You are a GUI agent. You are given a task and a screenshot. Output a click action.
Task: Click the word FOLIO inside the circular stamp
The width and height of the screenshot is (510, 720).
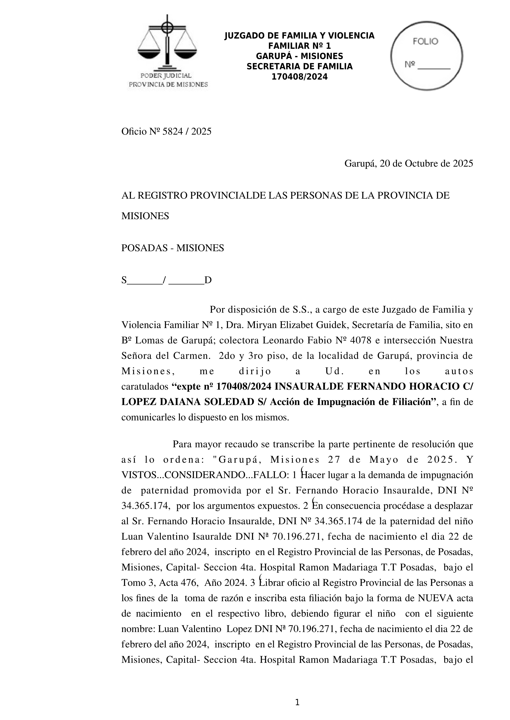click(425, 41)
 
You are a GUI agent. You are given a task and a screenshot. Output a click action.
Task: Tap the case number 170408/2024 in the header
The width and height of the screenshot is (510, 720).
click(299, 77)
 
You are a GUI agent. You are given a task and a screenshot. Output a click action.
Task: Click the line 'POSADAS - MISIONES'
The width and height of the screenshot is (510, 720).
click(172, 248)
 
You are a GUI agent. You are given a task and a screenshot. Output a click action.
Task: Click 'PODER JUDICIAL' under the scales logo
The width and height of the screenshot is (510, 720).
click(166, 76)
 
